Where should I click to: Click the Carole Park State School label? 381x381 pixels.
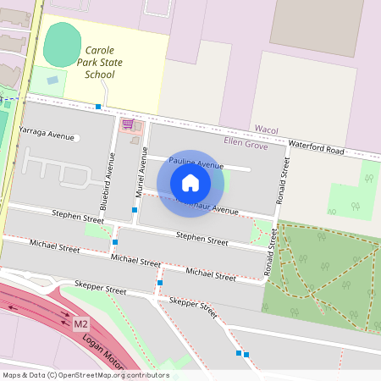click(x=99, y=62)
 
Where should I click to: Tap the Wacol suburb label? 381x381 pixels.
click(x=267, y=130)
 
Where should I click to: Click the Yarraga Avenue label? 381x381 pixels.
click(x=47, y=135)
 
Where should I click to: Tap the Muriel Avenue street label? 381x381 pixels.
click(x=141, y=173)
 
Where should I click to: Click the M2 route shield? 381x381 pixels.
click(x=81, y=324)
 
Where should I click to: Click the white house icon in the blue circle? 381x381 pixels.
click(x=190, y=182)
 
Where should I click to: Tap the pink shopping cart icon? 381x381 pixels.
click(x=128, y=124)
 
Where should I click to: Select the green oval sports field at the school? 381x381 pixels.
click(x=59, y=45)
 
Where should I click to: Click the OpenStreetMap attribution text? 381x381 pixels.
click(x=86, y=375)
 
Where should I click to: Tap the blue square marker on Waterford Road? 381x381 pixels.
click(x=99, y=107)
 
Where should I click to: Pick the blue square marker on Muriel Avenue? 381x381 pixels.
click(x=135, y=209)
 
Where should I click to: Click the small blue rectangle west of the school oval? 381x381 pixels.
click(x=52, y=80)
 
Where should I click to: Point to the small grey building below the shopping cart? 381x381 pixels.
click(x=135, y=141)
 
